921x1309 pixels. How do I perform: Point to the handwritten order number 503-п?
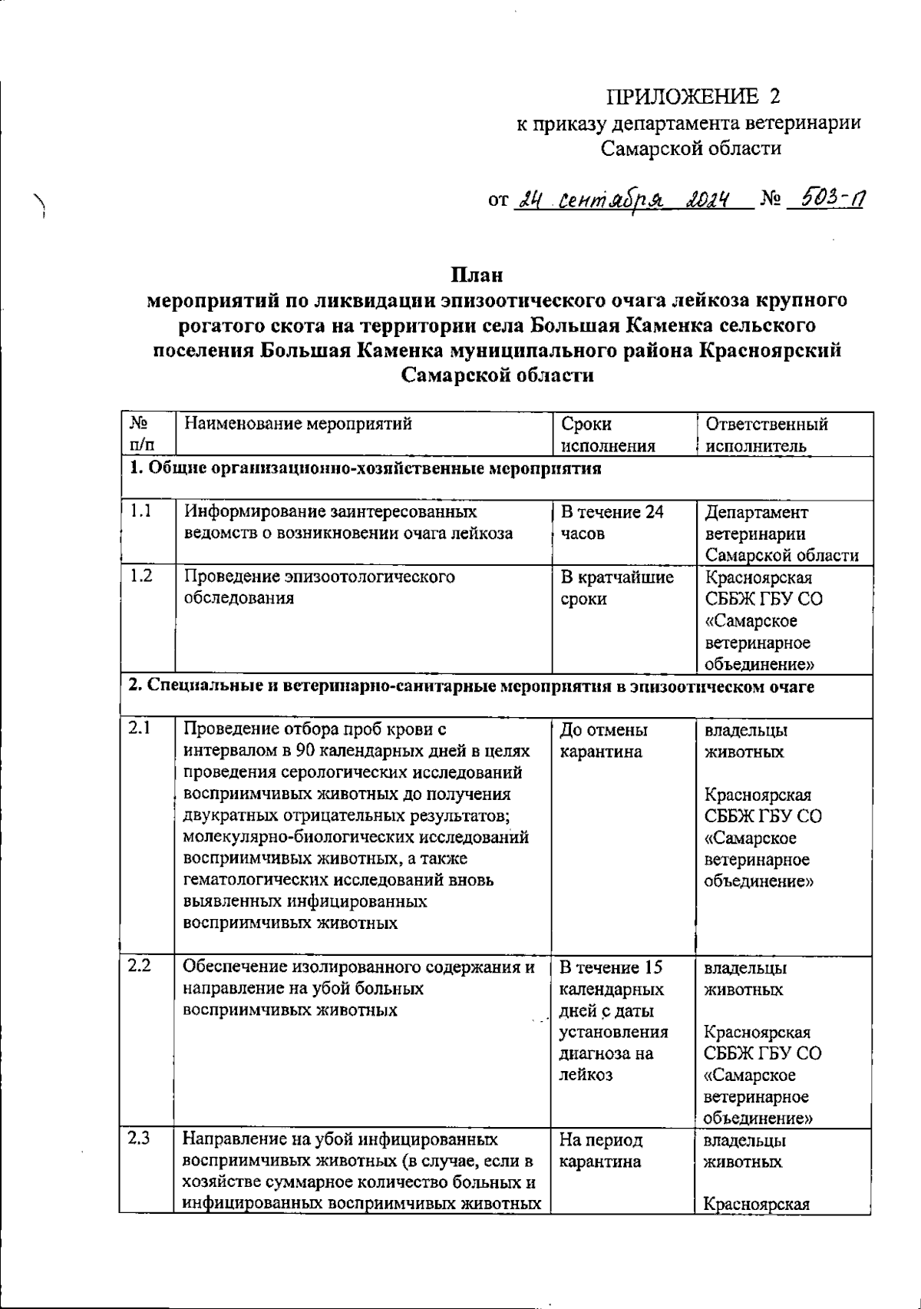coord(828,200)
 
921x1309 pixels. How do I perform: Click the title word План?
coord(476,274)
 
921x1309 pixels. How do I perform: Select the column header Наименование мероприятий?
coord(298,424)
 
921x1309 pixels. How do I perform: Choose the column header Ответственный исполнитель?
coord(766,435)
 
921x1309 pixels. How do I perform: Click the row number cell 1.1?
coord(141,512)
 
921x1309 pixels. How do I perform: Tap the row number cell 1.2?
coord(141,577)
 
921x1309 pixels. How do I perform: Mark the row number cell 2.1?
coord(140,729)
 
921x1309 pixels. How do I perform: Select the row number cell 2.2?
coord(140,967)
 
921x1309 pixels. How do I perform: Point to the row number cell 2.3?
coord(140,1140)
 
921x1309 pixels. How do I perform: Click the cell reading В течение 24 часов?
coord(611,523)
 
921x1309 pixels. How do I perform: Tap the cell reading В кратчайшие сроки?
coord(616,587)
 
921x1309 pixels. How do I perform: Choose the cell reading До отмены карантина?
coord(602,740)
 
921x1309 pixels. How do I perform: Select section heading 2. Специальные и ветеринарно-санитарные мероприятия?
coord(470,686)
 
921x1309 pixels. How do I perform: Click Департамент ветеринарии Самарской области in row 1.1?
coord(781,534)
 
